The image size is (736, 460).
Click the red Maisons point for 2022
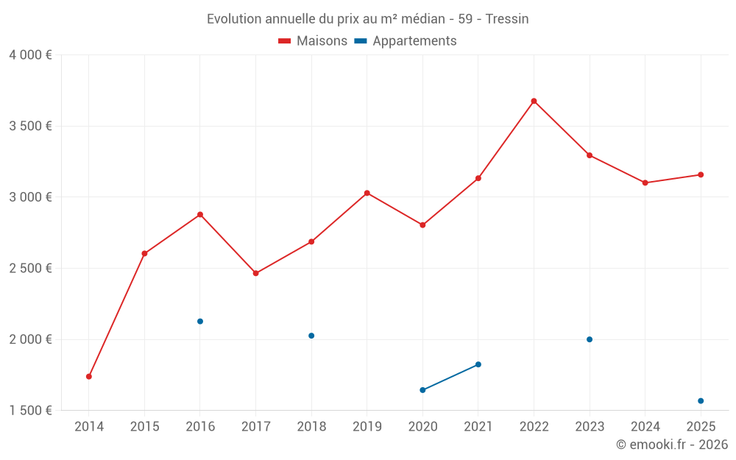[534, 101]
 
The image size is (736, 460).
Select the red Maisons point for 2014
[89, 376]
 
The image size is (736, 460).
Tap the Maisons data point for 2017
[255, 273]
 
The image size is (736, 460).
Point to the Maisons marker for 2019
[367, 193]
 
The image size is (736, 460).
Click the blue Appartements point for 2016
[200, 321]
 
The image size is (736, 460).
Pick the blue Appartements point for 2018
[311, 336]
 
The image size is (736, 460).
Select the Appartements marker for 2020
[422, 390]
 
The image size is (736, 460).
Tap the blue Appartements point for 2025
[701, 401]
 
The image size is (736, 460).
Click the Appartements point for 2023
[590, 339]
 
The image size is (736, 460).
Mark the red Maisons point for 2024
[645, 183]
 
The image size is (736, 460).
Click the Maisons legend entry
[313, 41]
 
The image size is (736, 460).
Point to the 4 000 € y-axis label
[30, 55]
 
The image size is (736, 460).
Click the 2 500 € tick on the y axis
[30, 268]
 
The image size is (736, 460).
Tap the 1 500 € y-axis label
[30, 411]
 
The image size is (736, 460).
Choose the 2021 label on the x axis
[478, 426]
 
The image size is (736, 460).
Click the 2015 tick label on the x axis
[144, 426]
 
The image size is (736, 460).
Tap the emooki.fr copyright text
[672, 445]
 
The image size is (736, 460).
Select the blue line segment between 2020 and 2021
[450, 377]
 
